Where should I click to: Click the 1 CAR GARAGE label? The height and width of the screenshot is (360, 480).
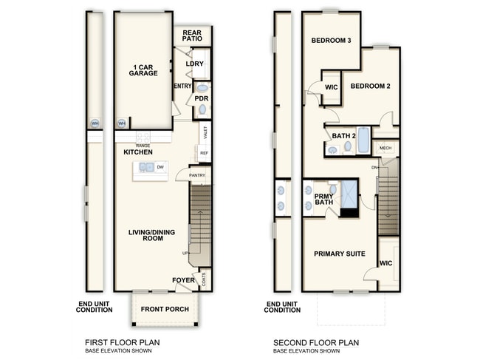143,70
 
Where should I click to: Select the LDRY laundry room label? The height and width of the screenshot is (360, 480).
195,64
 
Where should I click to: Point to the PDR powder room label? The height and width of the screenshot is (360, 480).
201,98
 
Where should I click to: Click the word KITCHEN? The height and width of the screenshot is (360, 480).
138,152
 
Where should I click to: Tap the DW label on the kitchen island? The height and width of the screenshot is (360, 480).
160,168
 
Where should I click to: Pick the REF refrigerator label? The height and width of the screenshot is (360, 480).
203,153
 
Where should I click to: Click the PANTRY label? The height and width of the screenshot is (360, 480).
197,175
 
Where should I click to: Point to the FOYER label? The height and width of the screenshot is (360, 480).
183,280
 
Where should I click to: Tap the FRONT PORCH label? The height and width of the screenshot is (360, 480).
165,309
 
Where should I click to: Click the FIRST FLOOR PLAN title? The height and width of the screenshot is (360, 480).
123,343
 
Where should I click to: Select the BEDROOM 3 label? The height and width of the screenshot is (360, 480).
330,41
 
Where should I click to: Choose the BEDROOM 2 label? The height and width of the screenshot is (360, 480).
370,86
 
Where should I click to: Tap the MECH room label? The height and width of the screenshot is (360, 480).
385,149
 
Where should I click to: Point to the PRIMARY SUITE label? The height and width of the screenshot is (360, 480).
340,254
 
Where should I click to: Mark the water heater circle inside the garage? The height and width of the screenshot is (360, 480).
122,123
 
